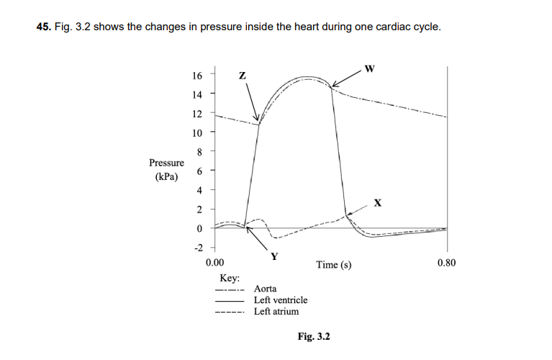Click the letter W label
(x=369, y=69)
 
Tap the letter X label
(x=377, y=203)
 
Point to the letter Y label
(x=274, y=256)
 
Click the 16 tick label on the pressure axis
(x=197, y=75)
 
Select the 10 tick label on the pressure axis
(x=197, y=132)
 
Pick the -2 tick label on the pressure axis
(x=197, y=247)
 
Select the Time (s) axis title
(x=334, y=265)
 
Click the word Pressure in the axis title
(x=166, y=163)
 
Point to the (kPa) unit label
(x=166, y=176)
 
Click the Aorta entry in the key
(x=266, y=289)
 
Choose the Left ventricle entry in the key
(x=281, y=300)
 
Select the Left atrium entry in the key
(x=276, y=311)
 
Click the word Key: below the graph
(x=230, y=278)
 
